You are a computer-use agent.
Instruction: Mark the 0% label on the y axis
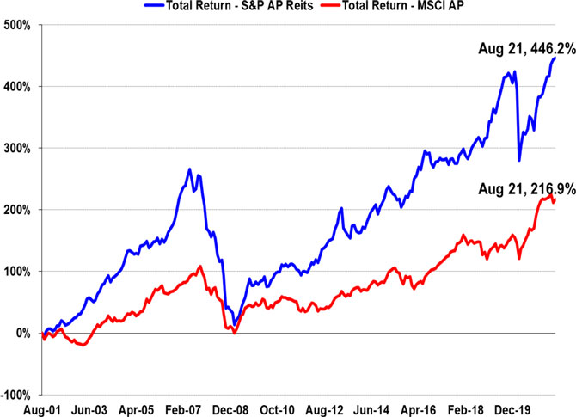[x=21, y=334]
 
